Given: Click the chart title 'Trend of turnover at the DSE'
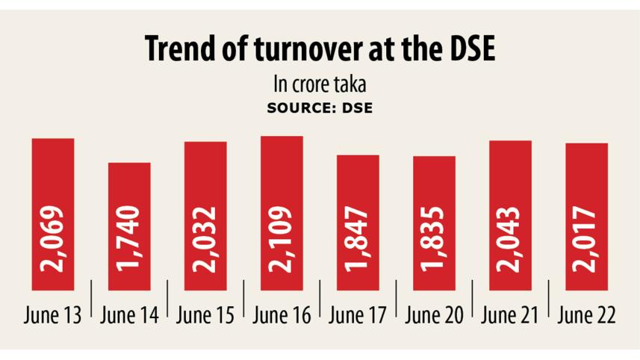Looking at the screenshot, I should tap(320, 50).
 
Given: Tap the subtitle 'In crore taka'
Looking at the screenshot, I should tap(320, 82).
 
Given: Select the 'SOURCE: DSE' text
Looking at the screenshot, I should tap(320, 107).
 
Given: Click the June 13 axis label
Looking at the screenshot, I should tap(54, 315).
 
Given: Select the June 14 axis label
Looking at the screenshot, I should tap(130, 315).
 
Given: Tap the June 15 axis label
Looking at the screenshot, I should tap(205, 315).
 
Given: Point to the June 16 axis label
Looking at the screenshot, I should tap(282, 315).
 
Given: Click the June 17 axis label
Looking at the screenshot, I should tap(358, 315).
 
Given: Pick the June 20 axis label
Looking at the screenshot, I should tap(435, 315).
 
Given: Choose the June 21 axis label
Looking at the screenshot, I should tap(511, 315).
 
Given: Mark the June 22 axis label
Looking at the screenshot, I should tap(586, 315).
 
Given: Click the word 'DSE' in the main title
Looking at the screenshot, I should tap(467, 50).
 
